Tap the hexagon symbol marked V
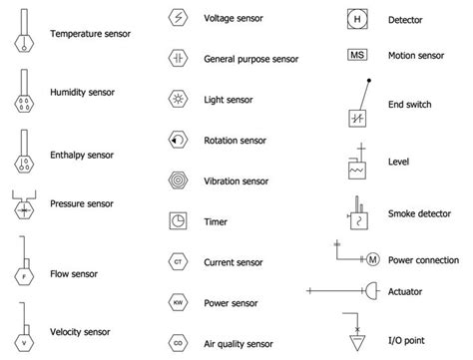point(23,338)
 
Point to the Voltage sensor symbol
point(178,18)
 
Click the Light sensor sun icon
point(178,100)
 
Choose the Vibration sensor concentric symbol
point(178,181)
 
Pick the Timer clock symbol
point(178,221)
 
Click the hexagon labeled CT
point(178,262)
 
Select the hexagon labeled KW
point(178,301)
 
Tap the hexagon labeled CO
point(178,341)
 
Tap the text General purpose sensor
point(250,59)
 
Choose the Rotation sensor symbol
point(178,141)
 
